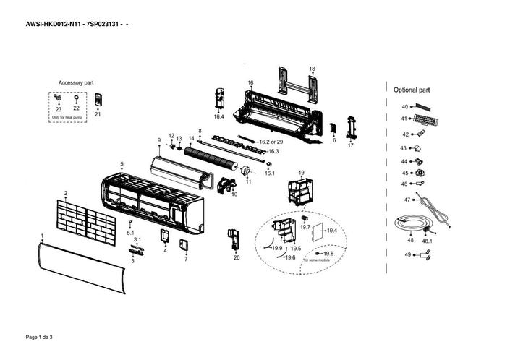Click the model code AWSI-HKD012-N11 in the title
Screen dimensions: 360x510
point(52,25)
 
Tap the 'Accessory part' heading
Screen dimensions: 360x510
point(76,83)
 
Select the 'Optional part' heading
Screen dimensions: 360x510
point(412,90)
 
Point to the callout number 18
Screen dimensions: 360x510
point(312,69)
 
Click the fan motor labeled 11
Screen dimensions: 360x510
point(245,171)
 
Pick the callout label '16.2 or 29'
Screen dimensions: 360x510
point(271,142)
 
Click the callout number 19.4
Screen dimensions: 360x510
point(332,231)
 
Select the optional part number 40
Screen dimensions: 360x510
point(404,106)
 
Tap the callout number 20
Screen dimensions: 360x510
point(236,257)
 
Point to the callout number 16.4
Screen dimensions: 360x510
point(218,116)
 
